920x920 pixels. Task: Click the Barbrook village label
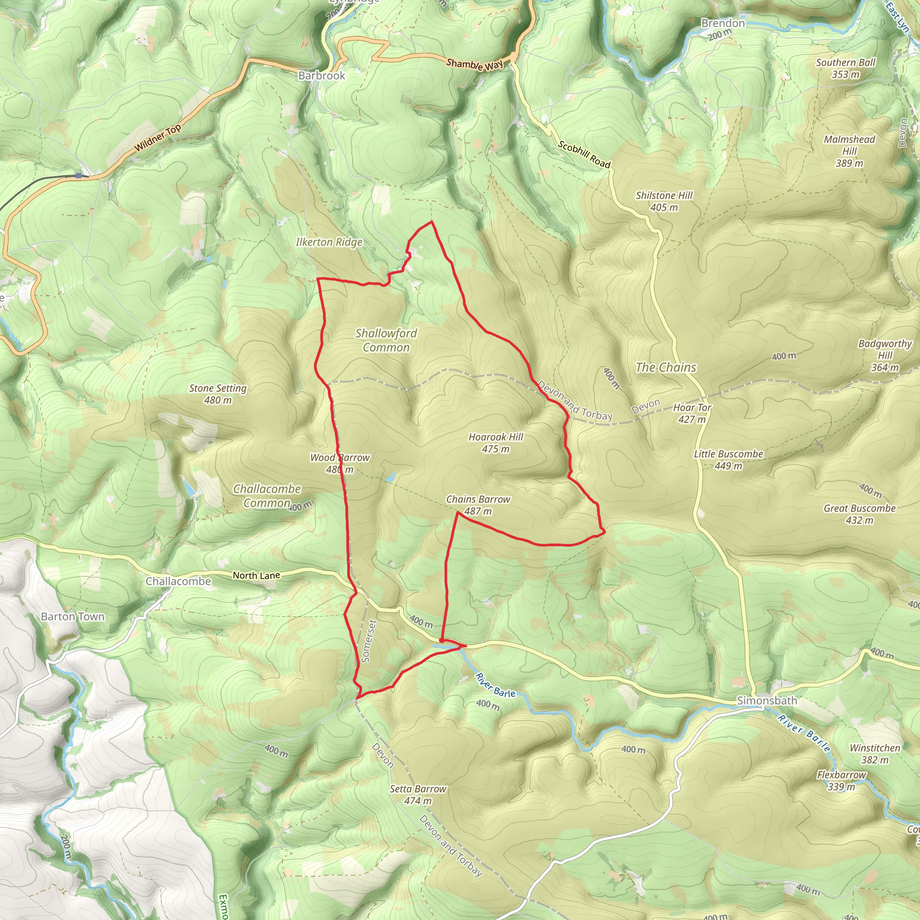coord(322,76)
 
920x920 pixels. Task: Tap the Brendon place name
coord(722,23)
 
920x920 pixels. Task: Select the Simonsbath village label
coord(767,700)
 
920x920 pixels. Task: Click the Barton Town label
coord(72,617)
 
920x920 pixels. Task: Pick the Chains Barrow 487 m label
coord(478,505)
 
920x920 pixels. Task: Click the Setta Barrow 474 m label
coord(418,795)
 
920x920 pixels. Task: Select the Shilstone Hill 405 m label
coord(664,201)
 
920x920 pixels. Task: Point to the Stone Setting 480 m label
coord(217,394)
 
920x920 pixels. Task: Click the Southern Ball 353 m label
coord(845,69)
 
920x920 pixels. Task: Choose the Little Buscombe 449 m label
coord(728,460)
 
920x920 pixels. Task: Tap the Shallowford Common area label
coord(386,341)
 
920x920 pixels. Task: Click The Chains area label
coord(666,367)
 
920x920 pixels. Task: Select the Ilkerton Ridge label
coord(329,243)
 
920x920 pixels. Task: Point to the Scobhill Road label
coord(584,155)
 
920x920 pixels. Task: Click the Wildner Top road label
coord(158,138)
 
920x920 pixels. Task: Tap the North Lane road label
coord(256,576)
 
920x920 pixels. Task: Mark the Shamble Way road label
coord(474,65)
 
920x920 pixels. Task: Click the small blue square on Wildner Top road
coord(79,176)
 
